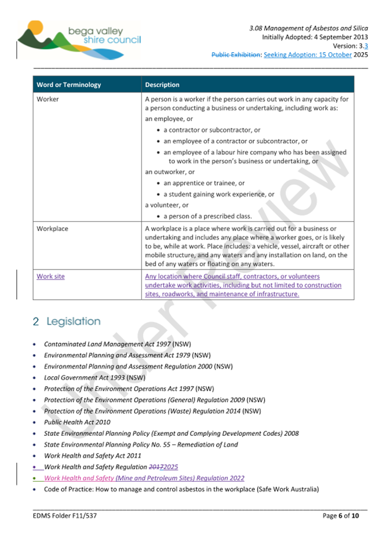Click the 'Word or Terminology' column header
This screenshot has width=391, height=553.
coord(68,85)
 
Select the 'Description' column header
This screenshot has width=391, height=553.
coord(162,85)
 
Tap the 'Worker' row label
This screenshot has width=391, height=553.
coord(47,99)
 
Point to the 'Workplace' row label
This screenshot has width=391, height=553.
coord(52,228)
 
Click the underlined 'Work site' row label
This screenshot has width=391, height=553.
coord(50,276)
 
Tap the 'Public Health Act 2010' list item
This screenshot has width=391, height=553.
coord(77,423)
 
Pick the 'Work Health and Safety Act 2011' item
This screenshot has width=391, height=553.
coord(93,456)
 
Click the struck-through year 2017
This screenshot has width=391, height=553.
coord(156,467)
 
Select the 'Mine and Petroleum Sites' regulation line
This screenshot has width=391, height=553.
coord(144,478)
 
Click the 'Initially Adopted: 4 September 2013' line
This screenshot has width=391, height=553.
coord(315,37)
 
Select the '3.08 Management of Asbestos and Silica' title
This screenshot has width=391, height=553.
coord(308,27)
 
